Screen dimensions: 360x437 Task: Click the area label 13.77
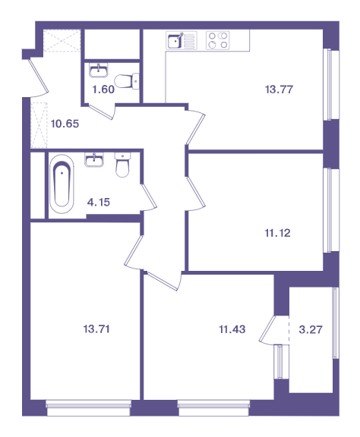point(279,90)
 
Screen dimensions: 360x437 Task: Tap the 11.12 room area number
point(277,233)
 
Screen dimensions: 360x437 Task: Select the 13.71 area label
point(96,329)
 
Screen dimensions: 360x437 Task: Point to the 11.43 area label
point(232,329)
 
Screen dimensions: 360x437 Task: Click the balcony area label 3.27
point(311,330)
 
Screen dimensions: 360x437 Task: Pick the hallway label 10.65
point(65,124)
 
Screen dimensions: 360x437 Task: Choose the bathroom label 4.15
point(99,202)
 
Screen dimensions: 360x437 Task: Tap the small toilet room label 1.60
point(103,90)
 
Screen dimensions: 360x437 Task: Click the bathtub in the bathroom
point(62,184)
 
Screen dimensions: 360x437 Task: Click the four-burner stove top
point(218,40)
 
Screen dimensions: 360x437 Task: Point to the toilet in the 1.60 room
point(127,81)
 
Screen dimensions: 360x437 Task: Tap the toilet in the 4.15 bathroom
point(122,165)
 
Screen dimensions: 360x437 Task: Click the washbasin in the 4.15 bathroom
point(94,159)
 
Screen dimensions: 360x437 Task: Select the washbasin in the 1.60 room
point(99,71)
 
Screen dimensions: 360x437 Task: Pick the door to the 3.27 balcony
point(268,330)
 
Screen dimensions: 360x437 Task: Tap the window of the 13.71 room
point(88,407)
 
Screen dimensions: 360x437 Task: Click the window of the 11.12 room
point(331,209)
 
